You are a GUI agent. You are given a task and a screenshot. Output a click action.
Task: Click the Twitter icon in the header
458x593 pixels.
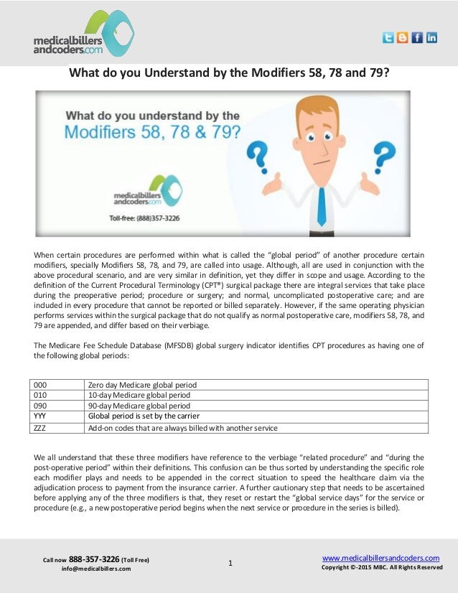[x=388, y=37]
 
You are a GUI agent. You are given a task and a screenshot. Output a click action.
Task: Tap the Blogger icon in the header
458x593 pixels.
[x=403, y=37]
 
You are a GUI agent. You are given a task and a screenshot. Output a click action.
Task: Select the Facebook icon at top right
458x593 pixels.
[x=417, y=37]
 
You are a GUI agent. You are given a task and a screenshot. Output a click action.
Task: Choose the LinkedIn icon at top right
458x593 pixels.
[x=431, y=37]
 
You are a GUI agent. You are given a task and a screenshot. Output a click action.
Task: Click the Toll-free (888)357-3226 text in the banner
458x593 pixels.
[x=144, y=218]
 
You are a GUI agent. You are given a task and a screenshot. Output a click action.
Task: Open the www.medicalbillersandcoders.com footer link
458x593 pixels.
[x=380, y=558]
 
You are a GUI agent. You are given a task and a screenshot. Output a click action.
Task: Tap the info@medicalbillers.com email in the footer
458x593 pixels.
[x=96, y=569]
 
